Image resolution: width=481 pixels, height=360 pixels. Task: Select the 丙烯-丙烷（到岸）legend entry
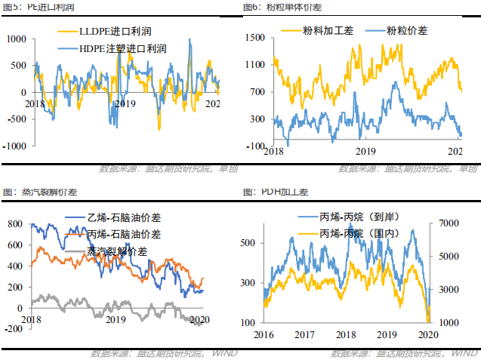(364, 217)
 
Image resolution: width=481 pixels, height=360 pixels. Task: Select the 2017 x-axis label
(304, 334)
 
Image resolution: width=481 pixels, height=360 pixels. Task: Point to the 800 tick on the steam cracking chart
(14, 224)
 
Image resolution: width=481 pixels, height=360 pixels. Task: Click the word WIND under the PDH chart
(456, 352)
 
